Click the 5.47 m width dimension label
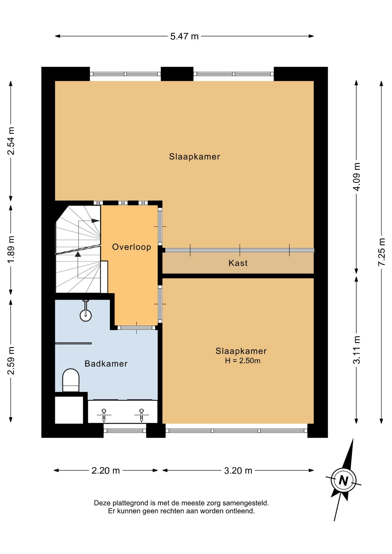(x=184, y=36)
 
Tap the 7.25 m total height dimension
(x=382, y=252)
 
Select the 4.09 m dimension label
(x=357, y=177)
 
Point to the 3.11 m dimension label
(x=357, y=350)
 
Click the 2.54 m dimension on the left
(x=11, y=141)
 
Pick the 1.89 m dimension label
(x=11, y=249)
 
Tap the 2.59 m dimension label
(x=11, y=360)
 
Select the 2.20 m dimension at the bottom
(x=106, y=471)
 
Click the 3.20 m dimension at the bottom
(x=238, y=471)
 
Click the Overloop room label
(x=132, y=247)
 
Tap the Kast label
(x=238, y=263)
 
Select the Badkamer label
(x=106, y=364)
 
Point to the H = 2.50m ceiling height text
(x=243, y=361)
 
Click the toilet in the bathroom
(x=71, y=380)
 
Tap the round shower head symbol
(x=86, y=315)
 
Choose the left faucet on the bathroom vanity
(x=104, y=415)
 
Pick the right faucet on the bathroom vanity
(x=141, y=415)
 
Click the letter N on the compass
(x=343, y=480)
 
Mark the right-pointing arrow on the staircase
(x=96, y=221)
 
